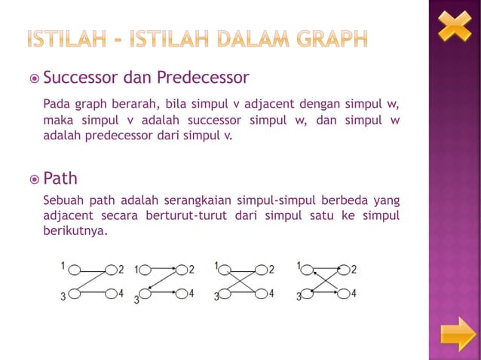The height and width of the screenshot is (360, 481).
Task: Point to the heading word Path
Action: coord(60,179)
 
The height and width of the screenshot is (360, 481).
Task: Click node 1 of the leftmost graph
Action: coord(74,269)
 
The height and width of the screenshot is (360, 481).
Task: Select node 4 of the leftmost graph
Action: coord(111,294)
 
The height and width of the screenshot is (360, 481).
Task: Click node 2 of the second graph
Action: coord(180,269)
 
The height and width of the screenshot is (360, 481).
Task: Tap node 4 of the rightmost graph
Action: coord(343,294)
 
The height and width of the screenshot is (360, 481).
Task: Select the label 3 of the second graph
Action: coord(137,299)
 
